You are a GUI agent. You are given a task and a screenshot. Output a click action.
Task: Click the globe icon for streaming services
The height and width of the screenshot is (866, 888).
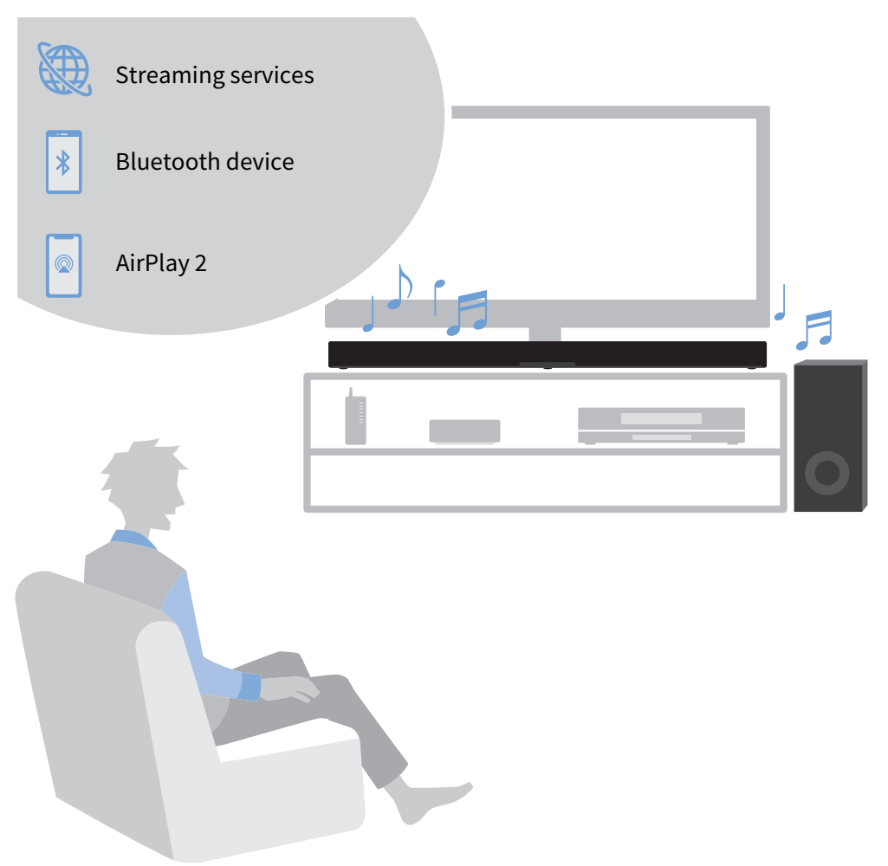pyautogui.click(x=64, y=68)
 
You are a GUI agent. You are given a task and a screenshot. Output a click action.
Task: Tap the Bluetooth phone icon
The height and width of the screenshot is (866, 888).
pyautogui.click(x=64, y=162)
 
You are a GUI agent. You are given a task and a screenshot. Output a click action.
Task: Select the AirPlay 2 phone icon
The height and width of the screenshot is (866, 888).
pyautogui.click(x=64, y=264)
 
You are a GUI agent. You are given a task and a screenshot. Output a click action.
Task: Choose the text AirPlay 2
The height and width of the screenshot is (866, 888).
pyautogui.click(x=161, y=263)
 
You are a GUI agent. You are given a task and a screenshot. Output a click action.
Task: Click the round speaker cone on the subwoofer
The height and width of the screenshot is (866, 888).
pyautogui.click(x=826, y=473)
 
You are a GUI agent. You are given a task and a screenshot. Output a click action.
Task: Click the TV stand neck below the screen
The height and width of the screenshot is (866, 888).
pyautogui.click(x=545, y=334)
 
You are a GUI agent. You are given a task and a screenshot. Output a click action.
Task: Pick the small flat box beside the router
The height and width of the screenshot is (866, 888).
pyautogui.click(x=464, y=431)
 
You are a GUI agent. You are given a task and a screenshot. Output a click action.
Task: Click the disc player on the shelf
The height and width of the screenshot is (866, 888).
pyautogui.click(x=661, y=425)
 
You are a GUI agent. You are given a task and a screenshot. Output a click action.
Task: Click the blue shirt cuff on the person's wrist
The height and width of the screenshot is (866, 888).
pyautogui.click(x=250, y=688)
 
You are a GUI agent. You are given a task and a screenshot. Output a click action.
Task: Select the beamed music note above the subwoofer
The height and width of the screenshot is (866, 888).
pyautogui.click(x=814, y=330)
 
